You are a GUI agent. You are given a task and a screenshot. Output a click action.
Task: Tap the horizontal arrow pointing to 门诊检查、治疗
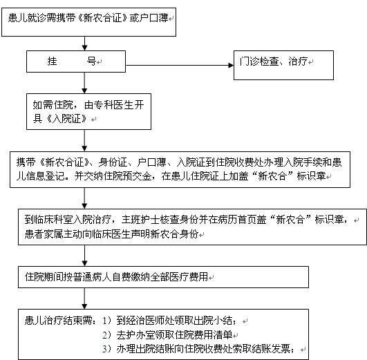tap(180, 66)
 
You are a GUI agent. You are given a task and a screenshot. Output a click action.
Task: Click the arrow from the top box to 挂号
tap(85, 44)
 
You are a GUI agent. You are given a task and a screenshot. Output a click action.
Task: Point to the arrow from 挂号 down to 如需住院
tap(85, 83)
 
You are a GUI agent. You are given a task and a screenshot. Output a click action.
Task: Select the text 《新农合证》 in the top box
tap(102, 18)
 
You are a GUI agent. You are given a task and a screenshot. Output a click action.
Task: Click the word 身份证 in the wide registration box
tap(113, 162)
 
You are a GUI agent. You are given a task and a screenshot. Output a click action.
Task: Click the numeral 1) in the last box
tap(106, 321)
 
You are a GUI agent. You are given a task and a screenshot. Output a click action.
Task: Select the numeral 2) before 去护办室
tap(106, 335)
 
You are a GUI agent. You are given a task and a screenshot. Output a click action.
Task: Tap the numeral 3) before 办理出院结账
tap(106, 349)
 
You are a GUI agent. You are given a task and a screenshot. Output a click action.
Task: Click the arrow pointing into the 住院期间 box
tap(85, 256)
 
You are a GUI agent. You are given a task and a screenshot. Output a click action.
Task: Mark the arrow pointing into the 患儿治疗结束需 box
tap(85, 299)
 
